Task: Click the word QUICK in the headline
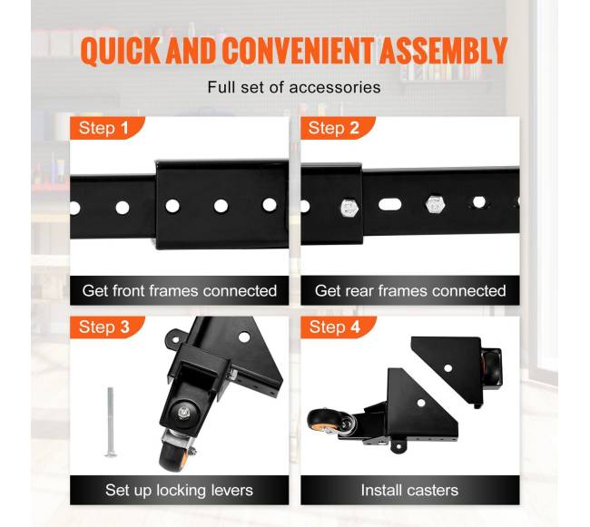click(x=121, y=51)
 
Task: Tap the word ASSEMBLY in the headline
click(x=444, y=50)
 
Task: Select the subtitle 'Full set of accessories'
click(x=294, y=87)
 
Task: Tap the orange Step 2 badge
click(x=338, y=128)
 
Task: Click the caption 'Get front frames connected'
click(x=180, y=290)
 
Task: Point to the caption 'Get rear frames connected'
click(x=410, y=290)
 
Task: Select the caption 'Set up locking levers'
click(x=179, y=490)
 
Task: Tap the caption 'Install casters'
click(x=409, y=490)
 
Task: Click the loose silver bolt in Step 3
click(x=110, y=423)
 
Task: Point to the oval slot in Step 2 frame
click(x=389, y=205)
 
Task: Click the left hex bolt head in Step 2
click(x=349, y=208)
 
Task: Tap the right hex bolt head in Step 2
click(x=435, y=204)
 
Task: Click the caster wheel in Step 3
click(x=173, y=457)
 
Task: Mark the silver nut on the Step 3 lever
click(x=184, y=411)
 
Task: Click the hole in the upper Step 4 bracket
click(x=447, y=368)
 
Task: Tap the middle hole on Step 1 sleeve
click(x=221, y=206)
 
